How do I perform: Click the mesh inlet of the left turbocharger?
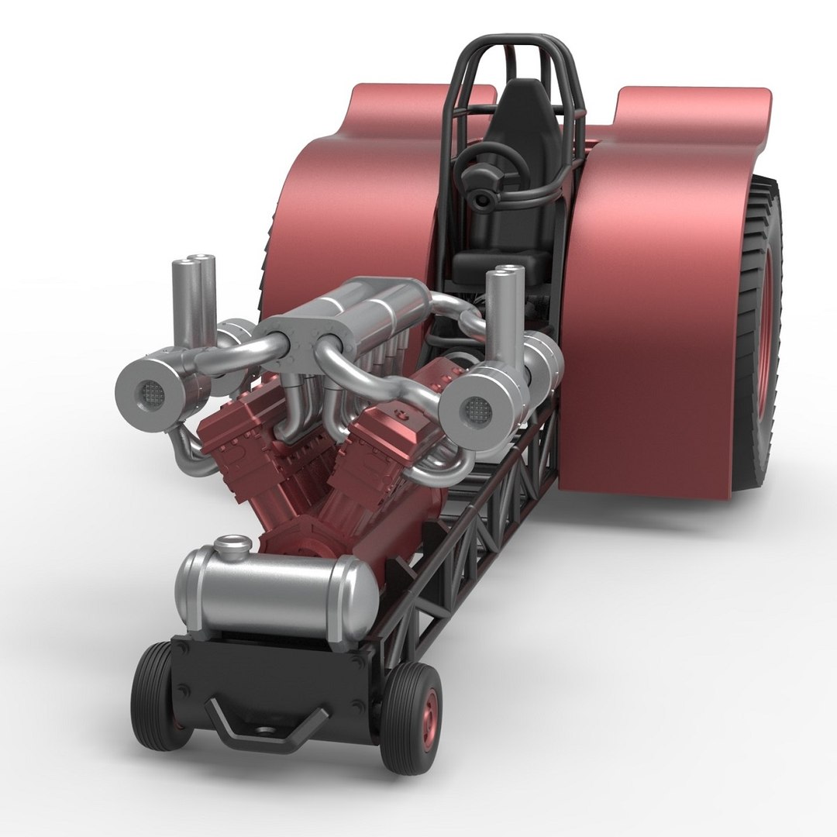(145, 392)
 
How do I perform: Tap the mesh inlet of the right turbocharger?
(477, 408)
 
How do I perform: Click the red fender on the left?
(356, 209)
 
